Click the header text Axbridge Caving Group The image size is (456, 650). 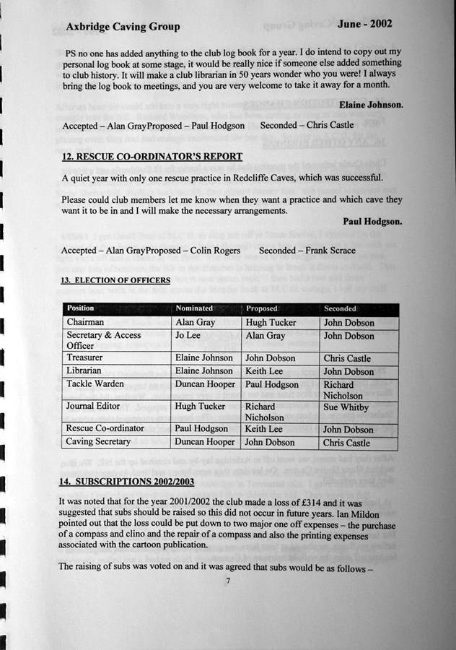tap(123, 27)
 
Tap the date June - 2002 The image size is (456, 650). tap(364, 23)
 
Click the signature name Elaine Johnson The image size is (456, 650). tap(371, 105)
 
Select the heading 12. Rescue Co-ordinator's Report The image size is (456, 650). tap(152, 156)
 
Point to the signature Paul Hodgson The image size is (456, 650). tap(372, 222)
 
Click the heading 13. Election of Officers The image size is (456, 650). tap(115, 280)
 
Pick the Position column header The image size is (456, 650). tap(81, 308)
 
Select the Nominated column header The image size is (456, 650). tap(194, 308)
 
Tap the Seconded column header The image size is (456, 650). tap(341, 308)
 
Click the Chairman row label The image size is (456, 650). tap(85, 322)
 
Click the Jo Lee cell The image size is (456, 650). tap(188, 336)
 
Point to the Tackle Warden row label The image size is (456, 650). tap(95, 384)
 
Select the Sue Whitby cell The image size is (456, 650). tap(346, 407)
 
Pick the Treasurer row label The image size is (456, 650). tap(85, 357)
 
